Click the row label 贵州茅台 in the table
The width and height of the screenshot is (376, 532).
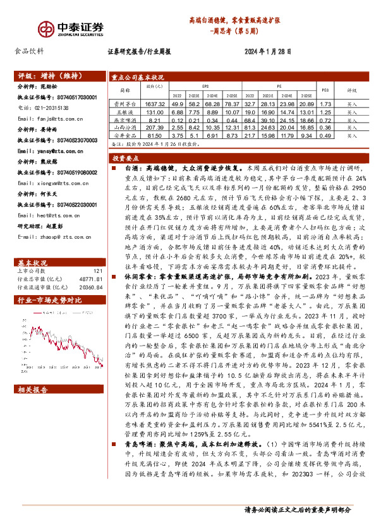point(124,103)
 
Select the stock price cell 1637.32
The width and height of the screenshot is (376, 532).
point(154,103)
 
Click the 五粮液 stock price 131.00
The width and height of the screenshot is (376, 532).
point(154,111)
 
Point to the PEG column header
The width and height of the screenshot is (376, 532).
point(325,90)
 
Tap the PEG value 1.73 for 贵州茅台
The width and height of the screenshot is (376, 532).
point(325,103)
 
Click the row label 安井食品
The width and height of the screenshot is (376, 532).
point(124,135)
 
